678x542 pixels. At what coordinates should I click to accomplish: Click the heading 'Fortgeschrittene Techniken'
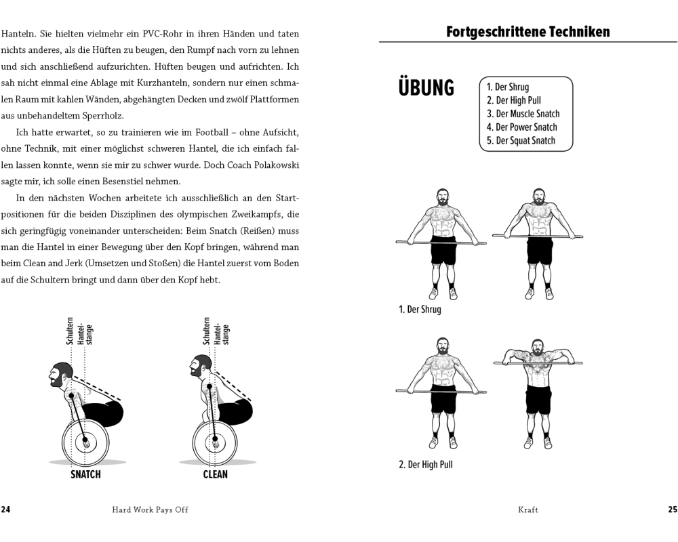coord(528,31)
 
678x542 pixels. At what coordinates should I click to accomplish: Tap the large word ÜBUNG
coord(426,88)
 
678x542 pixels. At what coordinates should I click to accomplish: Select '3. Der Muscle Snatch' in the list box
coord(523,114)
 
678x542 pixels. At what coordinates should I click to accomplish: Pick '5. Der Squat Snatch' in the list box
coord(521,141)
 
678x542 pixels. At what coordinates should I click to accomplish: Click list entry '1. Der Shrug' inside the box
coord(508,87)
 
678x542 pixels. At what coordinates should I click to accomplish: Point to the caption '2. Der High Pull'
coord(425,465)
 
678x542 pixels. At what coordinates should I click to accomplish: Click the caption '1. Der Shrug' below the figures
coord(420,310)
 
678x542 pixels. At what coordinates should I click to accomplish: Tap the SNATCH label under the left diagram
coord(85,475)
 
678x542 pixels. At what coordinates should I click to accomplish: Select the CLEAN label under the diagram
coord(215,475)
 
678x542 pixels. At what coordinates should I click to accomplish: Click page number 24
coord(6,510)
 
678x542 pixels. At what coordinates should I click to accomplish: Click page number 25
coord(672,510)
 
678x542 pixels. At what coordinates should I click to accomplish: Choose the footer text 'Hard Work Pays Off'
coord(150,510)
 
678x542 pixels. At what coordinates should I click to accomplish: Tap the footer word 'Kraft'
coord(528,510)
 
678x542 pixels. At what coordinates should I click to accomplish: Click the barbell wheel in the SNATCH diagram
coord(85,442)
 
